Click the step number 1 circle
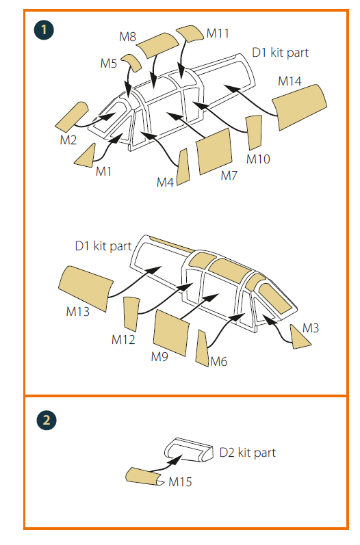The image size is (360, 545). pos(44,29)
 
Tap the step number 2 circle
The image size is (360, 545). pos(47,421)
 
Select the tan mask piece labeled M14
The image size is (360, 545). pos(300,107)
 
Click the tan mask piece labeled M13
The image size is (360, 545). pos(86,288)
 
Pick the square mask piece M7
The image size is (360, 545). pos(214,152)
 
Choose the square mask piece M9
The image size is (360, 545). pos(171,332)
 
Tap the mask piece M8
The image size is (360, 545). pos(157,45)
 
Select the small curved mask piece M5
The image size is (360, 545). pos(132,62)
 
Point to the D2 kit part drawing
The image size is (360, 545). pos(189,450)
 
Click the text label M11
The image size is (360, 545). pos(218,34)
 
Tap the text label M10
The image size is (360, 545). pos(258,159)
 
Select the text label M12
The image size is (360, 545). pos(123,340)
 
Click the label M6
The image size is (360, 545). pos(219,362)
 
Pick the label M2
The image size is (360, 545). pos(68,140)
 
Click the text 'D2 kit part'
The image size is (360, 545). pos(248,453)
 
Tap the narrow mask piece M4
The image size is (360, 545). pos(183,167)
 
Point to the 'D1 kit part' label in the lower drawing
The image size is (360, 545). pos(103,246)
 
